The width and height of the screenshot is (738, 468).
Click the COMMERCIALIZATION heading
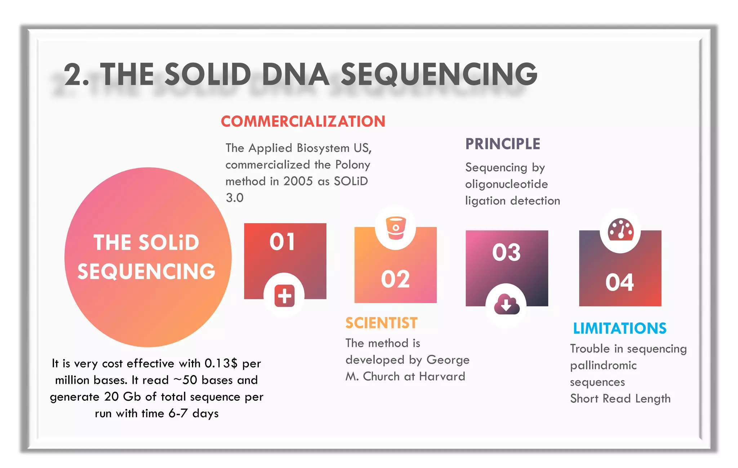303,122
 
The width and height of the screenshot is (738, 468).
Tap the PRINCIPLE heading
503,144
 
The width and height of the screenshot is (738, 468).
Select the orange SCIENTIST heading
381,323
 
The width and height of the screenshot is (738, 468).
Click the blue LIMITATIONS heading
619,328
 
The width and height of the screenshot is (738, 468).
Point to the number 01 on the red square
282,242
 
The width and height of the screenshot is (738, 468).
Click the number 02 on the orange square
395,279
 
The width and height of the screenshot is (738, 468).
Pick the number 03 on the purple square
506,252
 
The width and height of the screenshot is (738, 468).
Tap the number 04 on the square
619,282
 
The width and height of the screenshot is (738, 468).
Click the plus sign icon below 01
284,296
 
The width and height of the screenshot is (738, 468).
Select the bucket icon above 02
396,228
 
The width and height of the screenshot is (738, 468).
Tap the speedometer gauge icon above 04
621,230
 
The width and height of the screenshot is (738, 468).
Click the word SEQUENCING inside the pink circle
146,271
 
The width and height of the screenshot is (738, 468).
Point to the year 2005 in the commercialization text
298,181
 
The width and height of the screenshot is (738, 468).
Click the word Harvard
442,377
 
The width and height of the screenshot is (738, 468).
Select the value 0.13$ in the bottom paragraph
221,363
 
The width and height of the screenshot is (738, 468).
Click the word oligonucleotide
506,184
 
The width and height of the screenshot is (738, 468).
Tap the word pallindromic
603,366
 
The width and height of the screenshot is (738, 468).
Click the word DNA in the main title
295,75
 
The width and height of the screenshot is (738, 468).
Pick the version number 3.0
235,198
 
